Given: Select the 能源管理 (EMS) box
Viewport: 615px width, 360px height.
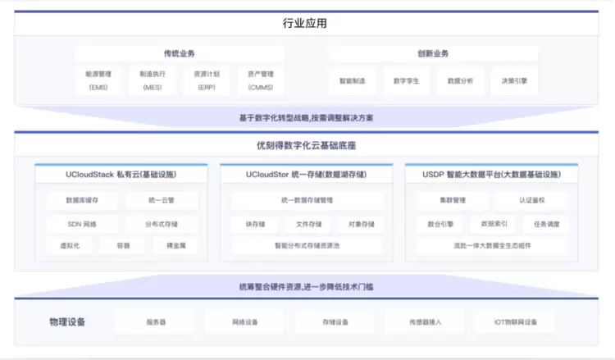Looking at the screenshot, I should [x=98, y=80].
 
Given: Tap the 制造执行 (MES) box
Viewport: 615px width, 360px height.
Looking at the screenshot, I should [x=153, y=80].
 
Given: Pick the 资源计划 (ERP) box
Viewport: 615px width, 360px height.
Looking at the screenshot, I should [x=206, y=80].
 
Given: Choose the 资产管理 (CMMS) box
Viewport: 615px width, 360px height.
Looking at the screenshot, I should [x=260, y=80].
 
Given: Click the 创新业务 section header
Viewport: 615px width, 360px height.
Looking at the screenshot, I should [x=433, y=54].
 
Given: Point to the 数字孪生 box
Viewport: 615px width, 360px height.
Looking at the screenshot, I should [x=407, y=81].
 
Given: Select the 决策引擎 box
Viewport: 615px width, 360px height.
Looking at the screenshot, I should [x=514, y=81].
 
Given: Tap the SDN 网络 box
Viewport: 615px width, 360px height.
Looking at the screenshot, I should [x=82, y=223].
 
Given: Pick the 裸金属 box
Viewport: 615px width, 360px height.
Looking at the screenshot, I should [x=175, y=245].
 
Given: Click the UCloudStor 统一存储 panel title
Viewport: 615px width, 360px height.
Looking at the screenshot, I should [x=307, y=175].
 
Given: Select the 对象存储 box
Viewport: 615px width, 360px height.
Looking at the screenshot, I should [x=361, y=223].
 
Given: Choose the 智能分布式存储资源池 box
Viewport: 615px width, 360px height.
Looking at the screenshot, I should [x=307, y=245].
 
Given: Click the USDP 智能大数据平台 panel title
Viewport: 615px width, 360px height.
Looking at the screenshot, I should [x=491, y=175].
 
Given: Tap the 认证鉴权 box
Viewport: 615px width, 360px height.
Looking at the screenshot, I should [x=531, y=200].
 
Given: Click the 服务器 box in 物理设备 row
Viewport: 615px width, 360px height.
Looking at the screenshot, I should [x=156, y=322].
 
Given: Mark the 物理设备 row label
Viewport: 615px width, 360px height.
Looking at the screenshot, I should [x=68, y=321].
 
